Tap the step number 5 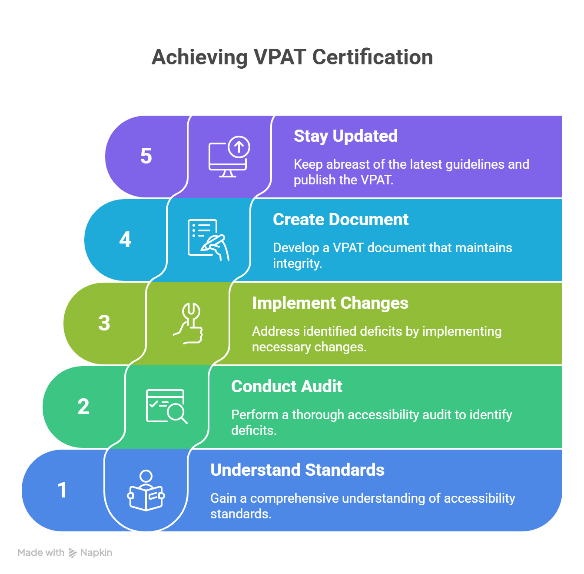[146, 156]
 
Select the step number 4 [125, 239]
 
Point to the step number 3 [104, 323]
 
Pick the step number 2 [83, 407]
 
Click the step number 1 [62, 490]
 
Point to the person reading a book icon [146, 490]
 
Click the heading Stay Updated [345, 136]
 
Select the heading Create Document [340, 220]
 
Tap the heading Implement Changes [330, 303]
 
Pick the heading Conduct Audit [286, 387]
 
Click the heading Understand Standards [297, 470]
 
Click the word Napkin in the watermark [96, 553]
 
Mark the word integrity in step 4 [297, 264]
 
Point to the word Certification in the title [372, 57]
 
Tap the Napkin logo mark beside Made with [73, 553]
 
